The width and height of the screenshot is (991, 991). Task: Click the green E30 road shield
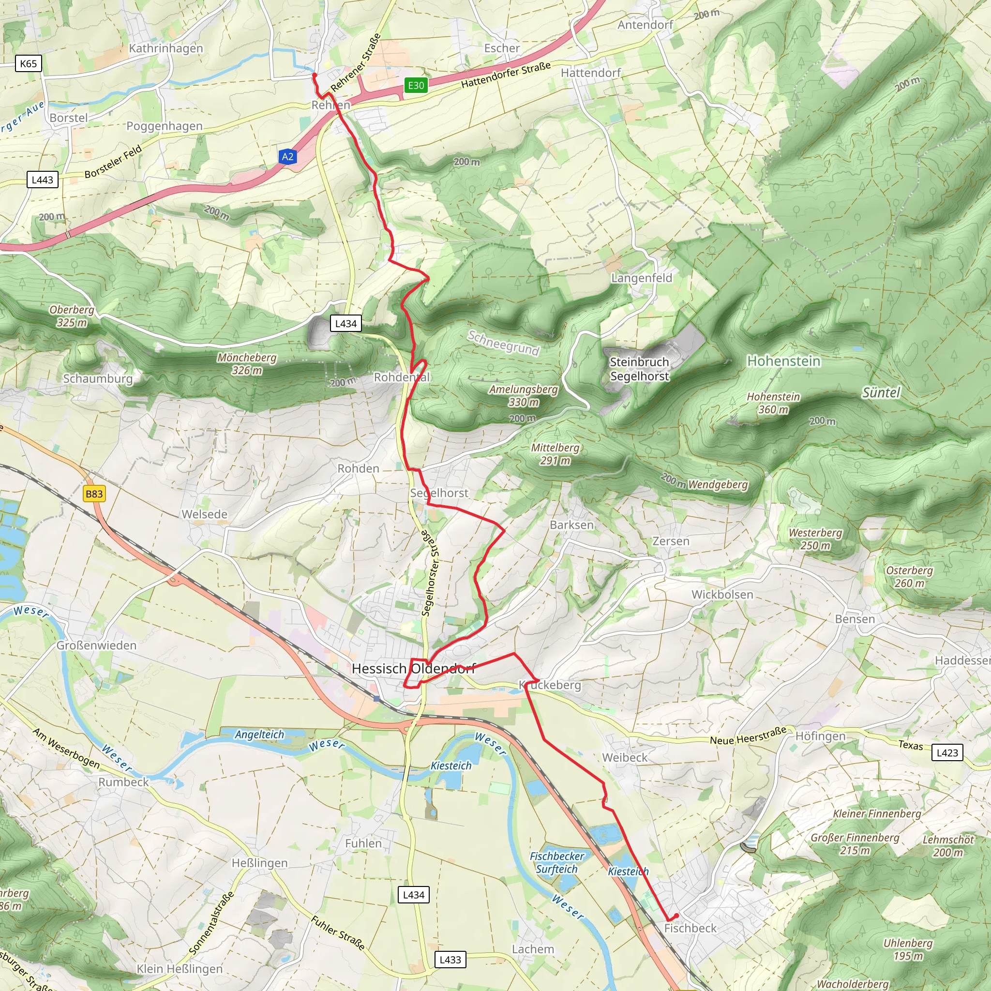point(416,85)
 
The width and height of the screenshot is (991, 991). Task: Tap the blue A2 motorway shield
point(288,156)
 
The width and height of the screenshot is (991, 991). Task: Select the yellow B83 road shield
point(94,494)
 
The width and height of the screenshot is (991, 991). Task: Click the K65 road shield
point(28,63)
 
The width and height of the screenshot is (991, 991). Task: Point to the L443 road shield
point(42,180)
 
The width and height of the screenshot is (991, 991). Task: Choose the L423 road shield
point(947,752)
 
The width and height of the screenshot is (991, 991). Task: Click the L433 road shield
point(450,959)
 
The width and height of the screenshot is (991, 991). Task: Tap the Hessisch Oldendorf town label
point(413,668)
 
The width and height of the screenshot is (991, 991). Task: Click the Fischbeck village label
point(690,928)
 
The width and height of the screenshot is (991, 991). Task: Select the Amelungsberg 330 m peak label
point(523,395)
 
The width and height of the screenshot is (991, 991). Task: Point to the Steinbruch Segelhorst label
point(639,369)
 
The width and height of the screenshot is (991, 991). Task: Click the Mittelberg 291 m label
point(555,454)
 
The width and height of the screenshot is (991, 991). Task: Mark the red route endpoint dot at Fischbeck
point(676,916)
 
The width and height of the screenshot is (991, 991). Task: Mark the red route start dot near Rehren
point(315,75)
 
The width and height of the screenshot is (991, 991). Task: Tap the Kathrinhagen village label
point(165,48)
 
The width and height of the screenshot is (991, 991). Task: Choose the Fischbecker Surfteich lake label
point(556,862)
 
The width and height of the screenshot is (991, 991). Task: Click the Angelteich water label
point(259,734)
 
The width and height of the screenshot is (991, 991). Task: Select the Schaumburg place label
point(97,378)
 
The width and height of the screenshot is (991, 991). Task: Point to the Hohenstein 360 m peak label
point(773,403)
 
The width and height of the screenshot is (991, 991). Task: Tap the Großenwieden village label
point(96,646)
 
